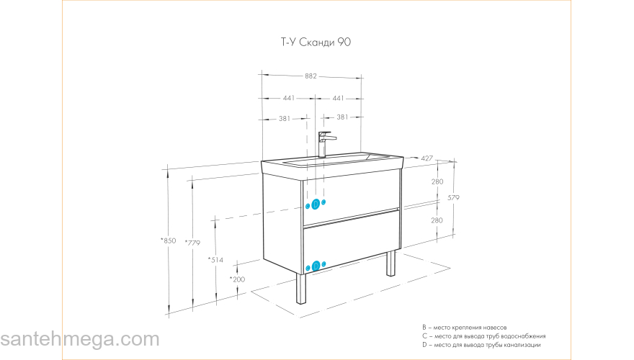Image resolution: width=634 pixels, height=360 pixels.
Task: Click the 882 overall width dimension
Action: [x=311, y=76]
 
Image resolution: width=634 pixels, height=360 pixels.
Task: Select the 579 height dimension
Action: [x=453, y=198]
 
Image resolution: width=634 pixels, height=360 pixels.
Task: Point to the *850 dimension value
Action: [x=169, y=240]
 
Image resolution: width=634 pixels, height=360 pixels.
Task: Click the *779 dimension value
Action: [x=192, y=243]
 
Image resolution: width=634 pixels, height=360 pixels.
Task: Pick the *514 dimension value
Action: [x=215, y=259]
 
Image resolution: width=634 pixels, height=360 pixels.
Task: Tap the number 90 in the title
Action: [x=344, y=43]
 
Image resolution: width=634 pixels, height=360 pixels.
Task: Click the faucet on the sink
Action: [x=325, y=143]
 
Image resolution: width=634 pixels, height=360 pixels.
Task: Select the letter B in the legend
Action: [x=425, y=326]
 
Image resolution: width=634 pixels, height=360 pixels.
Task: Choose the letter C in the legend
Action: [x=425, y=336]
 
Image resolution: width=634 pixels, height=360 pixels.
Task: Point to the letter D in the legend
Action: [x=425, y=345]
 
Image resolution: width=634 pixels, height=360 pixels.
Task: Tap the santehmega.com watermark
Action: [x=79, y=339]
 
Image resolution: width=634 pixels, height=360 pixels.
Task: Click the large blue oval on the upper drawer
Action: [x=315, y=204]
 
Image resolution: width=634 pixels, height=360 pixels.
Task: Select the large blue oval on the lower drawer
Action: [x=316, y=266]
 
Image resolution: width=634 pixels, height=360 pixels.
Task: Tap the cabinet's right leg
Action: [x=390, y=263]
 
